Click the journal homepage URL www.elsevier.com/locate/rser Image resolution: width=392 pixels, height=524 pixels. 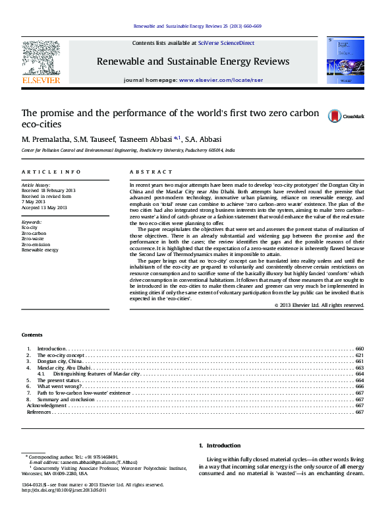pos(215,80)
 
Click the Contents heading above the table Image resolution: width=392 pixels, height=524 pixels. pos(32,335)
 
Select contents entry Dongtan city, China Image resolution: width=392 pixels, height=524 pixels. pos(60,362)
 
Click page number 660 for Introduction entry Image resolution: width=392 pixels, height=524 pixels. pos(359,348)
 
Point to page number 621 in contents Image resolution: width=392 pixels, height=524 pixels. pos(359,355)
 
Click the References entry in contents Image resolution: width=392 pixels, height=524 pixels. pos(38,412)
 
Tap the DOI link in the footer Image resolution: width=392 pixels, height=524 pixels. pos(64,490)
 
